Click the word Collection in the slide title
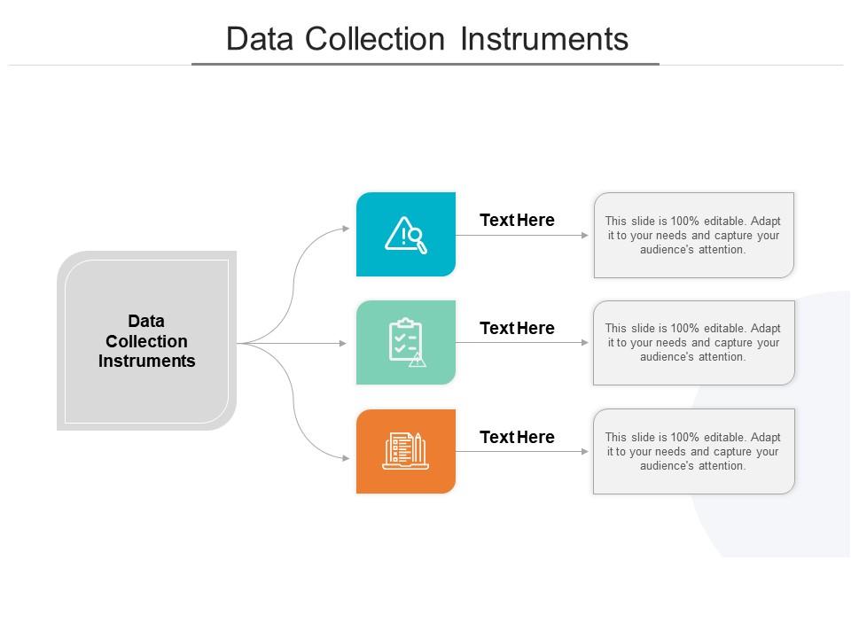point(374,39)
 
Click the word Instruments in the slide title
point(544,39)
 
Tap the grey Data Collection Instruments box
point(146,340)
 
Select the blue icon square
point(406,234)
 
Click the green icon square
point(406,342)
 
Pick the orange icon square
point(406,451)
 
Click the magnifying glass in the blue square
point(418,240)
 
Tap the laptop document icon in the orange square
point(405,451)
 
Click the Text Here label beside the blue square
point(517,220)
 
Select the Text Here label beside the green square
point(517,328)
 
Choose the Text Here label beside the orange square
point(517,437)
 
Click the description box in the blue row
point(694,235)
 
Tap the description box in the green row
point(694,343)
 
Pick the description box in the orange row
point(694,451)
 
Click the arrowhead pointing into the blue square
point(346,229)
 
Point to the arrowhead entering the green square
point(342,343)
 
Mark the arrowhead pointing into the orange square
point(346,458)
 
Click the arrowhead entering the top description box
point(584,235)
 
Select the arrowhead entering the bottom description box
point(584,451)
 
